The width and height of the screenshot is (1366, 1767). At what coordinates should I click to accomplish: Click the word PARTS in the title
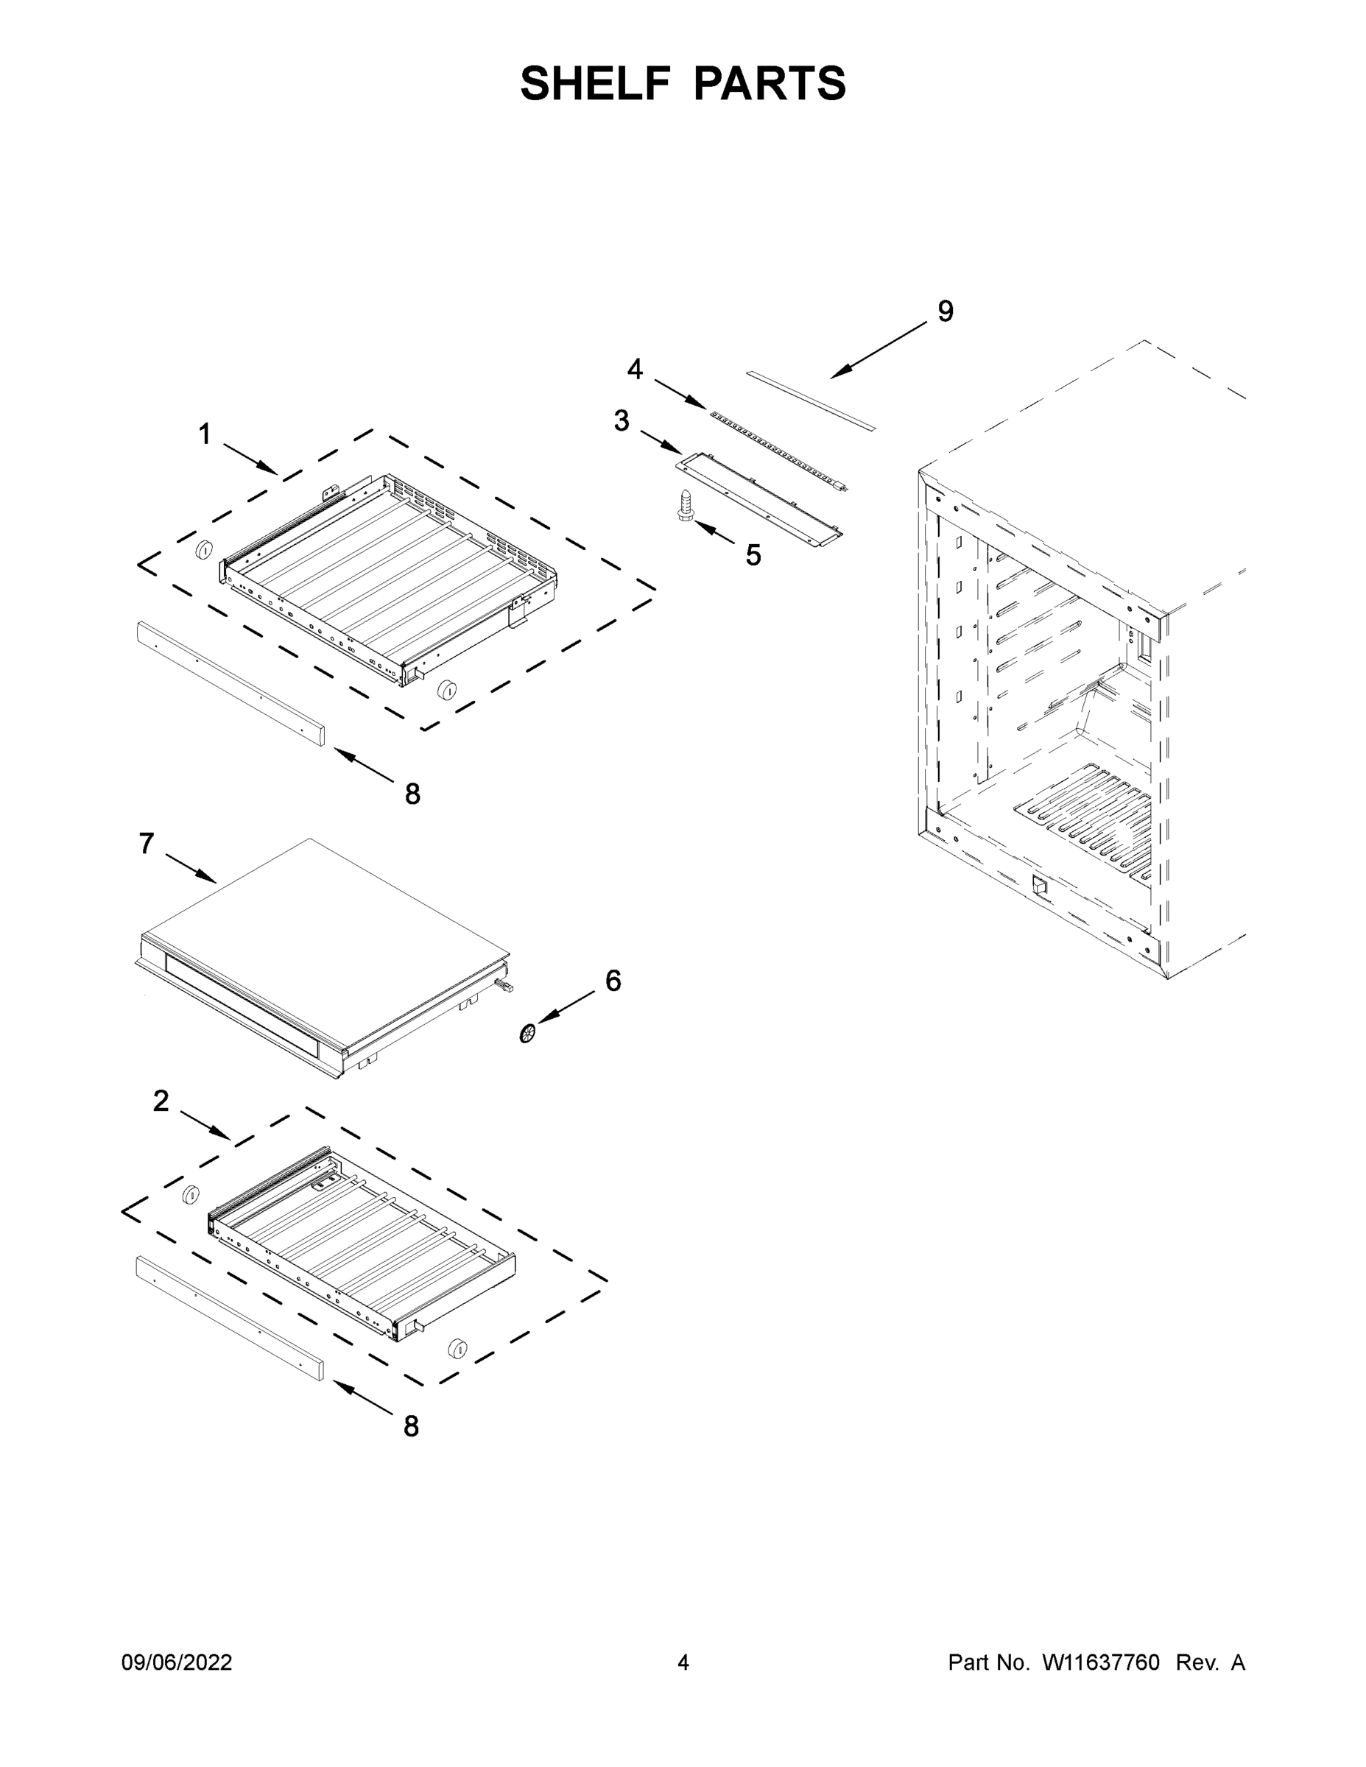(x=769, y=83)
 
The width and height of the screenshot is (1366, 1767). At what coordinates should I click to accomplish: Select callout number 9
(x=946, y=311)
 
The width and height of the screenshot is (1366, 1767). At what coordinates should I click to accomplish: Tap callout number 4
(x=636, y=370)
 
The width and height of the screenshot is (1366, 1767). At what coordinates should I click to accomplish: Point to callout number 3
(x=621, y=420)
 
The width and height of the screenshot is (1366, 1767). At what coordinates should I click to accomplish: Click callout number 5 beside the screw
(x=753, y=555)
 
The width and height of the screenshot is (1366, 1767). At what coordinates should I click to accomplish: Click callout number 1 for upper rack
(x=205, y=435)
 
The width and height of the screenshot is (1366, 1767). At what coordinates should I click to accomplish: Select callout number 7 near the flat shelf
(x=147, y=844)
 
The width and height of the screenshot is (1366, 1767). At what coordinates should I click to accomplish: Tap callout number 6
(x=613, y=981)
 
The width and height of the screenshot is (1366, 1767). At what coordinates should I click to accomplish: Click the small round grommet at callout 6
(x=529, y=1033)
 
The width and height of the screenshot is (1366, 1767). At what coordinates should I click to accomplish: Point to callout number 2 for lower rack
(x=161, y=1101)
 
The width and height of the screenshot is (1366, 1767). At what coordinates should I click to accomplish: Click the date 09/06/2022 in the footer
(x=177, y=1662)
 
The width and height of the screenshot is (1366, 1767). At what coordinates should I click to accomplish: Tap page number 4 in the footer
(x=683, y=1662)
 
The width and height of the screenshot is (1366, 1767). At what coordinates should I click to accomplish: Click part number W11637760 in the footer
(x=1101, y=1662)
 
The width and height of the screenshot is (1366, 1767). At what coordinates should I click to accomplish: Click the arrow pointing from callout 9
(x=878, y=350)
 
